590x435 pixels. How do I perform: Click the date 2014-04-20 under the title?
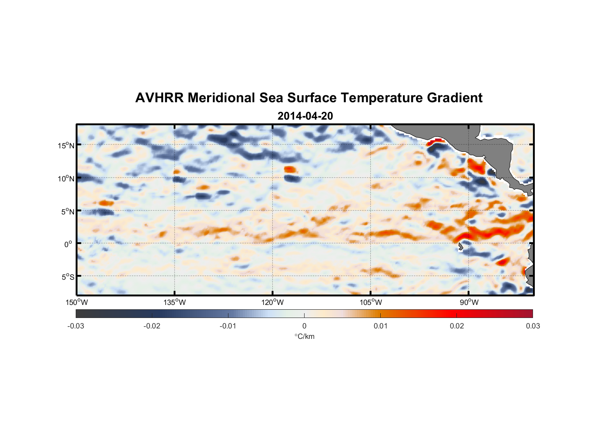(305, 116)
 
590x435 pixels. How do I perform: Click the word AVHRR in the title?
(159, 98)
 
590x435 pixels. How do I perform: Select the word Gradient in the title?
(455, 98)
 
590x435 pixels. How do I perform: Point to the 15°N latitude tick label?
(66, 145)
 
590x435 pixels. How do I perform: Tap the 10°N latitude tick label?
(66, 178)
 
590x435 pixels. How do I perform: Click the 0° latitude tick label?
(69, 244)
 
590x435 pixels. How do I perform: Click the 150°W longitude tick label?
(77, 302)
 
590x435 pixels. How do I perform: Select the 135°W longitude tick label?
(174, 302)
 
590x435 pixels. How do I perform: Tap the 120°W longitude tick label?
(272, 302)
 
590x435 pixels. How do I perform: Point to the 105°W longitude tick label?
(370, 302)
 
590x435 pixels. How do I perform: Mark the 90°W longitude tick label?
(469, 302)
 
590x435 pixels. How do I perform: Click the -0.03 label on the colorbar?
(76, 326)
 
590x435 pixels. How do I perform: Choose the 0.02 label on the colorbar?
(457, 326)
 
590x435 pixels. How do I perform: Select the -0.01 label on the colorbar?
(228, 326)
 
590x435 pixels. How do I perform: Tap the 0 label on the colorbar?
(304, 326)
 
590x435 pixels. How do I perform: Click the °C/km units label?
(304, 336)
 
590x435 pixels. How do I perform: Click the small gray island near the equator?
(460, 247)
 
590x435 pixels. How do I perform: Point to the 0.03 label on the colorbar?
(533, 326)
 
